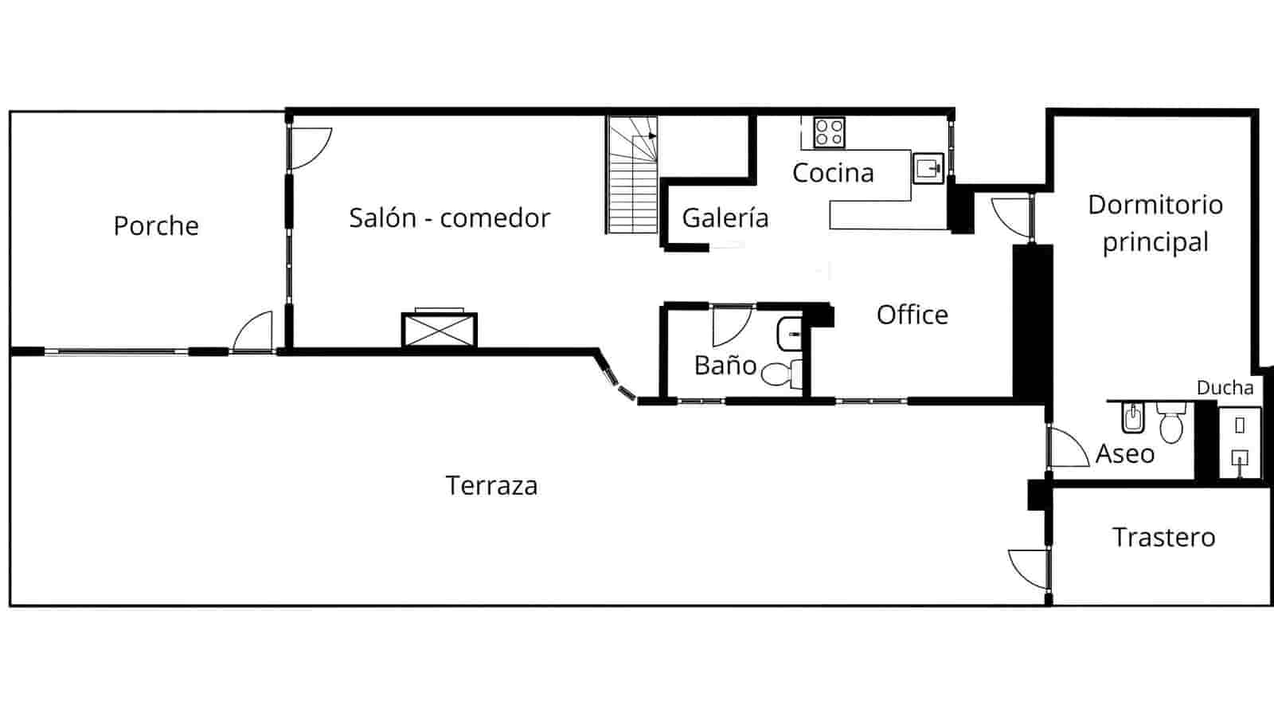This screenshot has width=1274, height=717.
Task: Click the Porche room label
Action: pos(156,226)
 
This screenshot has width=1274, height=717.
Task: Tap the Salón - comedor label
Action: pos(449,218)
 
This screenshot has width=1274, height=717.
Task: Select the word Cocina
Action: pos(833,173)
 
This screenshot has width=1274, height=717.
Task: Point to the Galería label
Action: pos(725,218)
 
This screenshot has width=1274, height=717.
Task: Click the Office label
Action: pos(912,315)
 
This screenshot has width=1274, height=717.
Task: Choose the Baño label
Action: pos(725,366)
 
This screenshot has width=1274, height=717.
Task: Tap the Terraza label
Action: pos(491,486)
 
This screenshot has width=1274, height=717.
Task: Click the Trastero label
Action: pos(1163,538)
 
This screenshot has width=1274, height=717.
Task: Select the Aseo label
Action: pos(1124,454)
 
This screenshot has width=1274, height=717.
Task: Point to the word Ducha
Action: pos(1225,388)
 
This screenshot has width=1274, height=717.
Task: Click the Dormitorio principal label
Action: pos(1155,223)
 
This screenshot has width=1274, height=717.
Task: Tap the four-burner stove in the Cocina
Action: pos(829,132)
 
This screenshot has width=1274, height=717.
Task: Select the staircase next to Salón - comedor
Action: pos(632,175)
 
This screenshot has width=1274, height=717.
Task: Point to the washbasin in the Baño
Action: pos(789,333)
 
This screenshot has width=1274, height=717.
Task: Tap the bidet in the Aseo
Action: pos(1132,417)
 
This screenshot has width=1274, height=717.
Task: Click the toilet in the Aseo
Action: pos(1171,423)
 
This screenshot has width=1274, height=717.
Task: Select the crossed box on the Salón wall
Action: pos(439,330)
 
